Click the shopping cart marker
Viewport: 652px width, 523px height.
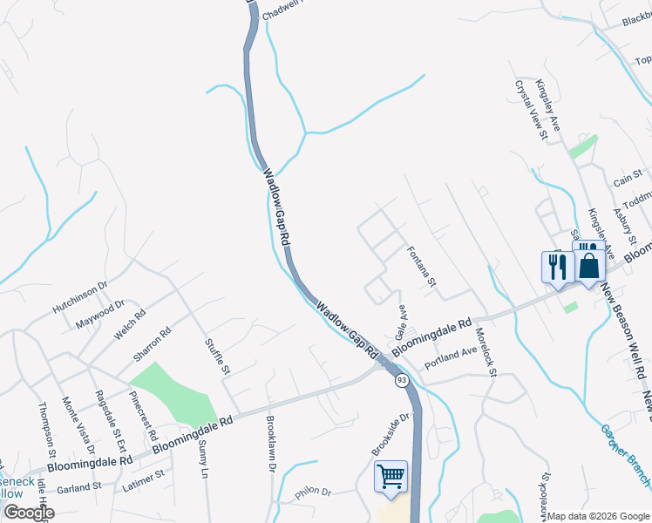click(391, 476)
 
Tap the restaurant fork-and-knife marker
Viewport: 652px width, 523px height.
click(557, 266)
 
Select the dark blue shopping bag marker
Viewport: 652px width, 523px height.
click(589, 264)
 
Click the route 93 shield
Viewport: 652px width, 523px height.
click(402, 381)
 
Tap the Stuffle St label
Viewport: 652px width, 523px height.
click(216, 357)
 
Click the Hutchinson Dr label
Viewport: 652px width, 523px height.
click(78, 296)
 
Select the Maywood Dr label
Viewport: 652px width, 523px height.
click(95, 314)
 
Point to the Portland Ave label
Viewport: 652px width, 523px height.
click(451, 356)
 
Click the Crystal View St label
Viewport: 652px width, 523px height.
click(530, 110)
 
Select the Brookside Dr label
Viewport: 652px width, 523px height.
click(390, 434)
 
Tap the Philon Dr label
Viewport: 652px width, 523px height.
click(314, 493)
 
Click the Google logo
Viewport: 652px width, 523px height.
click(29, 512)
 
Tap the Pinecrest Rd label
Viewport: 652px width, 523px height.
click(143, 415)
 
